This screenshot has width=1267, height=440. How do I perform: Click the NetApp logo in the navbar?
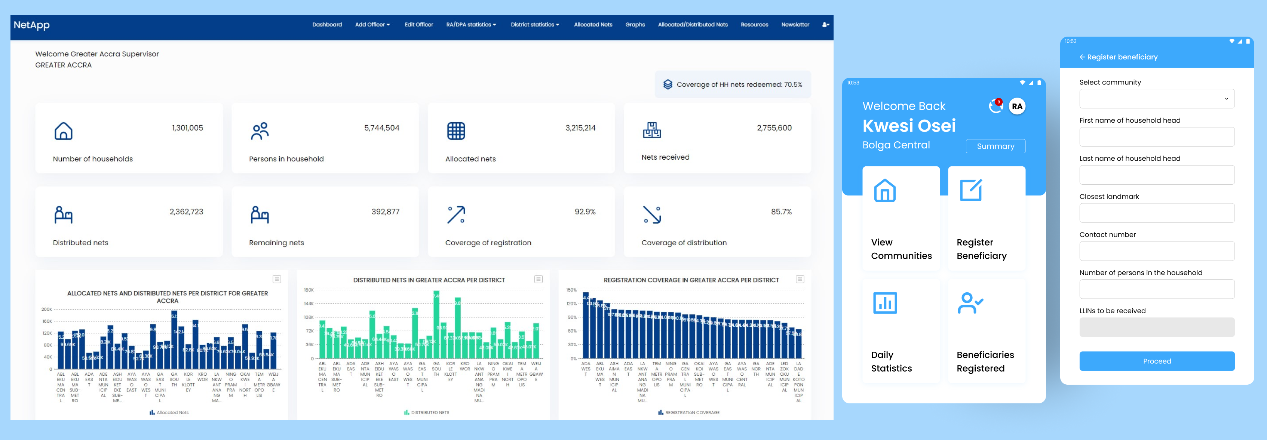point(31,25)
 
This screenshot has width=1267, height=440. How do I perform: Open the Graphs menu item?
point(635,25)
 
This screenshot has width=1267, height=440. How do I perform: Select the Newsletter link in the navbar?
point(795,25)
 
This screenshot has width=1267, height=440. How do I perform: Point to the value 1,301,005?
point(187,128)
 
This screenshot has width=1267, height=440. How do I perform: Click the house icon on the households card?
point(64,131)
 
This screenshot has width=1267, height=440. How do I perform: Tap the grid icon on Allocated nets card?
point(455,131)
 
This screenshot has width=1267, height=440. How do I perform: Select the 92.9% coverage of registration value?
point(585,212)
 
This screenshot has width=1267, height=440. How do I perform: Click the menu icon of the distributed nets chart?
point(539,279)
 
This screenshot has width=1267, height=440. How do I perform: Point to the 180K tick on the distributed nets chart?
point(309,290)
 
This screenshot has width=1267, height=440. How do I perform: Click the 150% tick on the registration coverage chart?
point(571,290)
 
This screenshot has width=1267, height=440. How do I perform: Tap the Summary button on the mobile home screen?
point(995,146)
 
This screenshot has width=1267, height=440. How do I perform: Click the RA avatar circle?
point(1017,106)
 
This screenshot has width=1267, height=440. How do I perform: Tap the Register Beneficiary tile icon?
point(970,190)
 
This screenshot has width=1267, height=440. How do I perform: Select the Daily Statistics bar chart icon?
point(884,303)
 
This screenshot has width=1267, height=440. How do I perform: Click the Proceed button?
point(1156,361)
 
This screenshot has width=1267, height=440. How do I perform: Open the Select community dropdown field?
point(1156,99)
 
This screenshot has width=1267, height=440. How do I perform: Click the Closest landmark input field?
point(1156,213)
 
